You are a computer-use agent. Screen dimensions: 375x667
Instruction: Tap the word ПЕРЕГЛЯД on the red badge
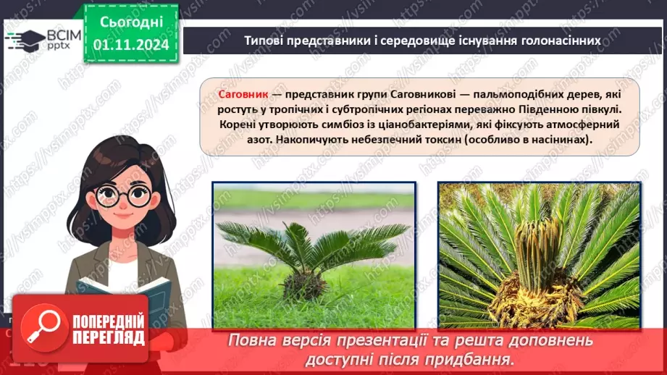coord(104,337)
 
